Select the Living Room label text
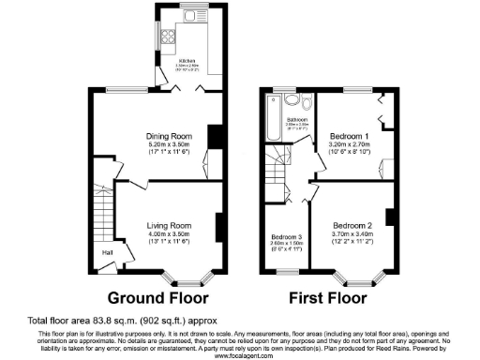[168, 226]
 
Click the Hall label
[109, 252]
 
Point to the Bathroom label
[297, 120]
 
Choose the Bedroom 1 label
[350, 136]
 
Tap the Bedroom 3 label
[286, 236]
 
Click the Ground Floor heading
[157, 299]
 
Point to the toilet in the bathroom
[292, 100]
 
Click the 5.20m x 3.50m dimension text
[168, 145]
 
